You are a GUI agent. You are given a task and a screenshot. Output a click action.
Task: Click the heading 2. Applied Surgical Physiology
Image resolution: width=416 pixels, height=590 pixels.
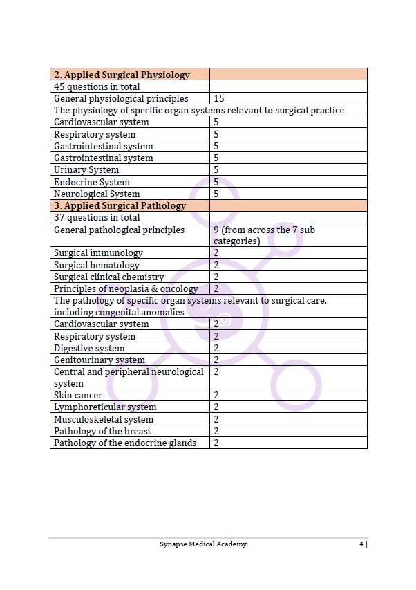point(122,75)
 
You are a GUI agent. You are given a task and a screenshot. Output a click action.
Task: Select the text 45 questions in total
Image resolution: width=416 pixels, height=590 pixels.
point(97,86)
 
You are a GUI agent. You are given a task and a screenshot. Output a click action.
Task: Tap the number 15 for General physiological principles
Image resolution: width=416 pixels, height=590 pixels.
point(218,99)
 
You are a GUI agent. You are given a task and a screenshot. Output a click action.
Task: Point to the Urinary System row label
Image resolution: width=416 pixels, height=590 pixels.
point(86,170)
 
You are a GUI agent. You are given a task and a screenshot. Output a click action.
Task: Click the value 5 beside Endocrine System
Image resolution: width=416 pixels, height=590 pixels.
point(216,182)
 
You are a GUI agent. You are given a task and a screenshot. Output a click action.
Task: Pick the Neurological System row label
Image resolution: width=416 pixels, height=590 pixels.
point(97,194)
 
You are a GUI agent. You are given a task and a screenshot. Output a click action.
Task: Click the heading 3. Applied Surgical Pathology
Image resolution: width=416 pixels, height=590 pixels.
point(120,206)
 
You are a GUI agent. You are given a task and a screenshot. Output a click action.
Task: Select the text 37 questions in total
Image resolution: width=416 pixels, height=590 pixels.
point(97,218)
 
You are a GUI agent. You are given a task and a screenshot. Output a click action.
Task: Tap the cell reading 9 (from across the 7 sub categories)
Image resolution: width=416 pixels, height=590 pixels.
point(264,235)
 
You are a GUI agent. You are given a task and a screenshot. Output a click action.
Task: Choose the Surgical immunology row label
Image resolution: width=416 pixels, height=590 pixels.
point(98,253)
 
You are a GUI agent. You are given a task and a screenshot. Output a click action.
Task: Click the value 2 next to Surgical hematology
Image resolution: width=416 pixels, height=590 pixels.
point(216,265)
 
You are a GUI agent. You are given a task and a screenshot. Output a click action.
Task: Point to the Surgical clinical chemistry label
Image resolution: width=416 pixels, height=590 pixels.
point(109,277)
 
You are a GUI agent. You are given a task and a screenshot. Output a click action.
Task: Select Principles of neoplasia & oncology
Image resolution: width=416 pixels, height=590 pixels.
point(126,289)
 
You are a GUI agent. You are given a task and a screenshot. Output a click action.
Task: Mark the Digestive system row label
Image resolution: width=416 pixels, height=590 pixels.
point(89,349)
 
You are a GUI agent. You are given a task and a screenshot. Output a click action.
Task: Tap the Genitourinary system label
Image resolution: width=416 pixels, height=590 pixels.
point(100,360)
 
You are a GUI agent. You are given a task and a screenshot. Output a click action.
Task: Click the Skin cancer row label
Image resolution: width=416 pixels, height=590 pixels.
point(78,396)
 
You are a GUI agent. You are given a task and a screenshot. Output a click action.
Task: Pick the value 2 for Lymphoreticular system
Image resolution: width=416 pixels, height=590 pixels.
point(216,407)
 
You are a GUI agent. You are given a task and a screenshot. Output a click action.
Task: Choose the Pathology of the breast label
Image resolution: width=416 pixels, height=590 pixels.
point(102,432)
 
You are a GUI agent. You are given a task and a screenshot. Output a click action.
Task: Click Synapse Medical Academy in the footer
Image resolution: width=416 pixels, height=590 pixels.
point(202,544)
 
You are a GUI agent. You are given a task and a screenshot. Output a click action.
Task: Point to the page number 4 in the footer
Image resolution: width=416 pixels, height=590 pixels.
point(361,544)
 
